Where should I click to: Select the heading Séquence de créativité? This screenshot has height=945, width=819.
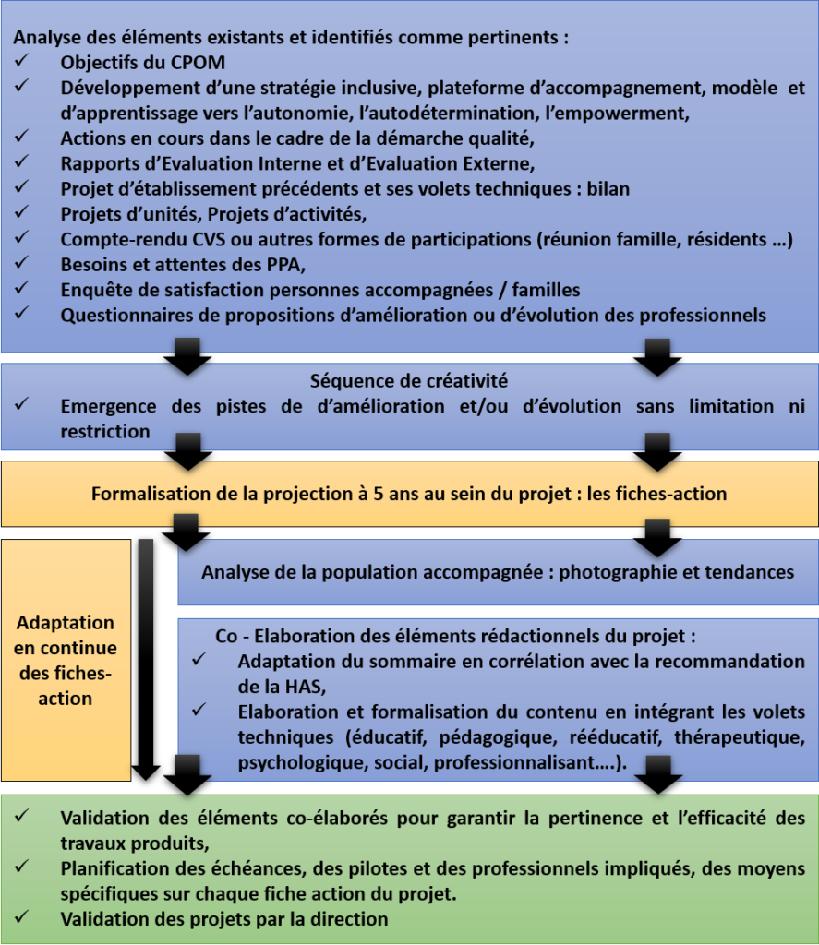[x=408, y=380]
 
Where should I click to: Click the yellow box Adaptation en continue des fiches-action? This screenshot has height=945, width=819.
[x=66, y=661]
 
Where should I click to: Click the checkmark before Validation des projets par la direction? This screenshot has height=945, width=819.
[x=23, y=918]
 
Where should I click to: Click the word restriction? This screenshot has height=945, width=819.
[x=104, y=431]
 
